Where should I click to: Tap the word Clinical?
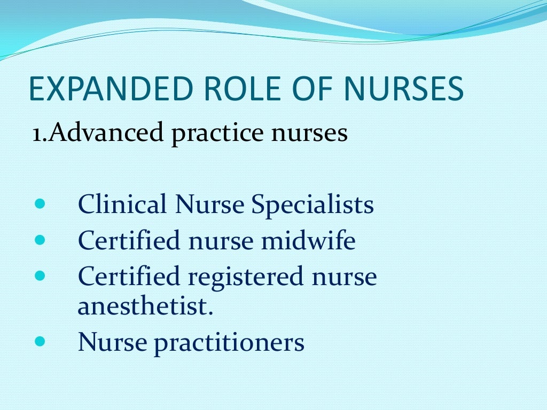pos(122,204)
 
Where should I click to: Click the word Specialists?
pos(312,206)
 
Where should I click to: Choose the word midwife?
pos(308,241)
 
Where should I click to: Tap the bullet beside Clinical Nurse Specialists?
pos(41,204)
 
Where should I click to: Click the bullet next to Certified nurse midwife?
pos(41,240)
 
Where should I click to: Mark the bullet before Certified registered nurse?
pos(41,276)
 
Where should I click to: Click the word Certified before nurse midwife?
pos(129,241)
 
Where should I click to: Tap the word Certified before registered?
pos(129,277)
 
